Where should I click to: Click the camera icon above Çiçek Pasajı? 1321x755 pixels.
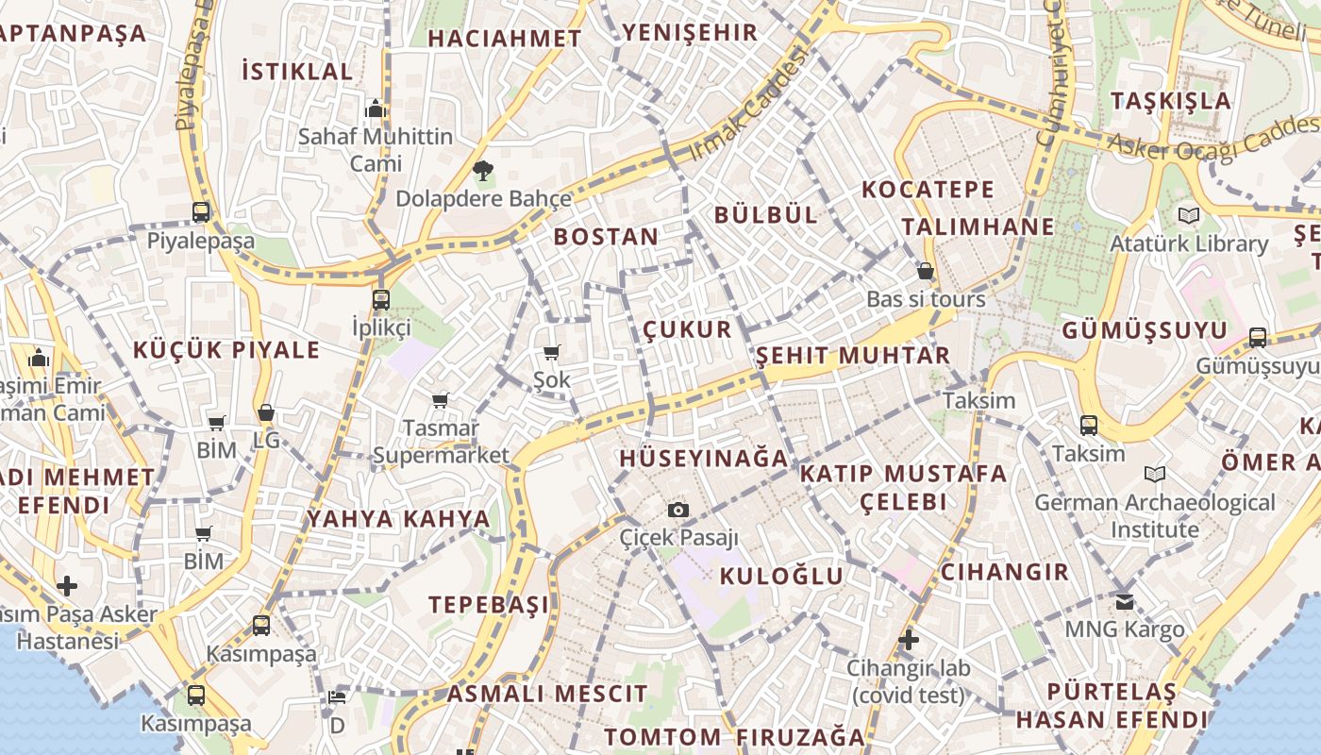[677, 511]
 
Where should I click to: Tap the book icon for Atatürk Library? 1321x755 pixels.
[1189, 216]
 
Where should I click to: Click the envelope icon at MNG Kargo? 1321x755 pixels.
[1125, 601]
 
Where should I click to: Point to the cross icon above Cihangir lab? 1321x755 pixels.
[909, 641]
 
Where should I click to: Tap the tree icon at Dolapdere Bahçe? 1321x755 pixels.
[482, 171]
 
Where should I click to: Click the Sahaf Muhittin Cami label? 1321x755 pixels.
[376, 150]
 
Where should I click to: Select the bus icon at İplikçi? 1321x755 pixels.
[381, 300]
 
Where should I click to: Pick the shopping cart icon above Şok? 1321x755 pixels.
[552, 353]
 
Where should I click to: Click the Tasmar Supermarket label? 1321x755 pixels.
[441, 442]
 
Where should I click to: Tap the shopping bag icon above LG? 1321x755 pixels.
[266, 413]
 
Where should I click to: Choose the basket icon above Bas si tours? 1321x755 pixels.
[926, 271]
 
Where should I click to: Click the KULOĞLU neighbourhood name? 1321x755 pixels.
[781, 576]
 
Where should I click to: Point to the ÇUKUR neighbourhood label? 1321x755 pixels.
[687, 329]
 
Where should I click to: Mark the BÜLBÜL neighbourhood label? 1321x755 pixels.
[765, 214]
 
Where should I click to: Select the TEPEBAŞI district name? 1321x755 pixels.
[488, 604]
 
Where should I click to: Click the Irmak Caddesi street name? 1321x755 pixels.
[749, 106]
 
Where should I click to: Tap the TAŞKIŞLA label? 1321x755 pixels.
[1170, 101]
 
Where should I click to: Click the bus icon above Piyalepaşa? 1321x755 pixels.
[201, 212]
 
